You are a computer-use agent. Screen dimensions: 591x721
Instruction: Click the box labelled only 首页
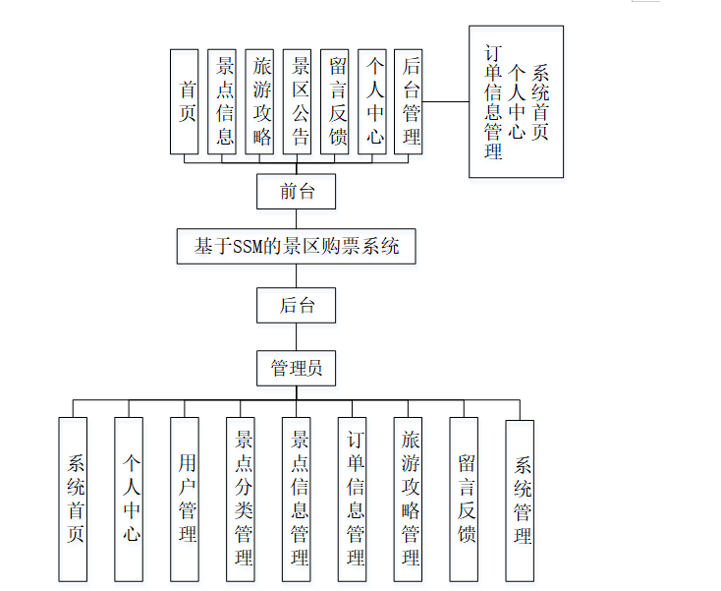(x=184, y=101)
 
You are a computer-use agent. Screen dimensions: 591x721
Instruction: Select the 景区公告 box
(x=297, y=101)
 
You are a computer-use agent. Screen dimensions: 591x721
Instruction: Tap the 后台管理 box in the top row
(x=409, y=101)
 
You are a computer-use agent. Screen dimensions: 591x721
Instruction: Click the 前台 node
(x=296, y=191)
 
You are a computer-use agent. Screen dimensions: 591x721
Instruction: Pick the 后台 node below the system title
(x=296, y=305)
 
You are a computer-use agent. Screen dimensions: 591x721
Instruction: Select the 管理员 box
(x=296, y=369)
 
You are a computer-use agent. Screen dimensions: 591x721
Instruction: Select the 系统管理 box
(x=521, y=501)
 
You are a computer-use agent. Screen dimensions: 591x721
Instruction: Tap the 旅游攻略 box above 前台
(x=259, y=101)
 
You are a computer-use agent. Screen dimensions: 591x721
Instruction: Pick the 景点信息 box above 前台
(x=222, y=101)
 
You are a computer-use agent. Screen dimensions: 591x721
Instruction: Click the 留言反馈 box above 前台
(x=334, y=101)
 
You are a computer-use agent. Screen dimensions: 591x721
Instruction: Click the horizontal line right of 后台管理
(x=446, y=101)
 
